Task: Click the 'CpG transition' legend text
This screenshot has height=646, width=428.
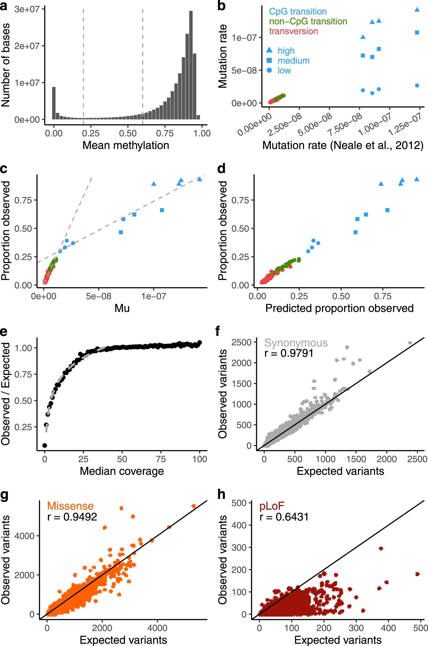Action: click(298, 12)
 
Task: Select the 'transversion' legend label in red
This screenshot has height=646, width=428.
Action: click(294, 31)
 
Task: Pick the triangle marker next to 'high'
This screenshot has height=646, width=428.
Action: click(269, 50)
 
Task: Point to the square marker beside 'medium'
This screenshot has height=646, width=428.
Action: click(269, 60)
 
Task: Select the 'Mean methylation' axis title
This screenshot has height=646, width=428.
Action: click(126, 145)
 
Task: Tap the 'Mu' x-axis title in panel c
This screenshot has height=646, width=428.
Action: click(122, 308)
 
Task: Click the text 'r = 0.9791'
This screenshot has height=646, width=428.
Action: click(289, 353)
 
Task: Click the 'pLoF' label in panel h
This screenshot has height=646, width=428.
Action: click(272, 506)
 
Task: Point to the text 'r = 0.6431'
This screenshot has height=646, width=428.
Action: click(284, 517)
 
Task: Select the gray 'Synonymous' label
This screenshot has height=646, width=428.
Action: click(296, 343)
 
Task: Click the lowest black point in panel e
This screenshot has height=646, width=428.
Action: click(45, 446)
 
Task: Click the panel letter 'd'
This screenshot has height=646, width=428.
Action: click(221, 169)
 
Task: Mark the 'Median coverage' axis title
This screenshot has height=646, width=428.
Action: click(122, 471)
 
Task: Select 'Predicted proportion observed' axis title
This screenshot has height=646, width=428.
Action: click(339, 308)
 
